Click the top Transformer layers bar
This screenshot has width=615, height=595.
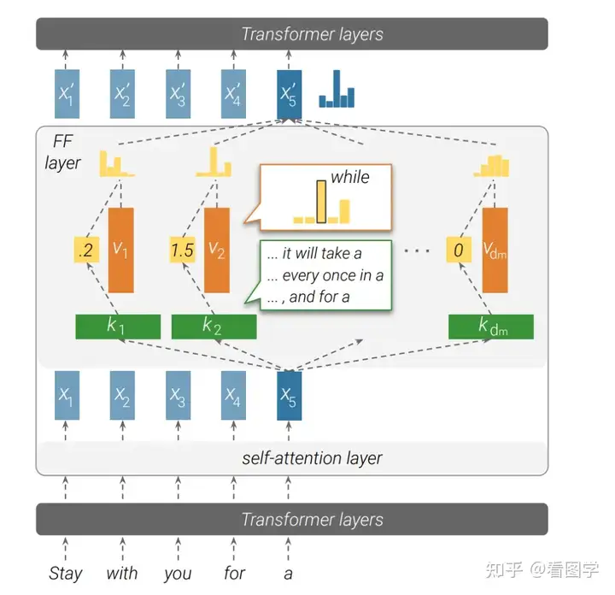tap(292, 33)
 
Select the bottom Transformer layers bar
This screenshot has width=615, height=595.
tap(292, 519)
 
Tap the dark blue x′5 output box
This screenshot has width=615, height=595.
tap(289, 94)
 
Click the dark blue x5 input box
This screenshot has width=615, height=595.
tap(289, 396)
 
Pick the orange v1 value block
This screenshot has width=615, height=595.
tap(120, 250)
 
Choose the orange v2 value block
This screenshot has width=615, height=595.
tap(217, 250)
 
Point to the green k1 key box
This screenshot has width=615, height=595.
tap(118, 327)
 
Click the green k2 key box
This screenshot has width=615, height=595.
tap(214, 327)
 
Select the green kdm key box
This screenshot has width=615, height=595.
tap(491, 327)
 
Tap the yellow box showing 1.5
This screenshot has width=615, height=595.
tap(183, 250)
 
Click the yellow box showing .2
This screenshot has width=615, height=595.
tap(86, 250)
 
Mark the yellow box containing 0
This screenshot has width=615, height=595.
tap(459, 250)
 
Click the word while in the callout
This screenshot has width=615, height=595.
tap(350, 177)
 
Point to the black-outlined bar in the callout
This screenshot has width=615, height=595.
tap(321, 202)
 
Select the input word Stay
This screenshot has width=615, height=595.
tap(66, 574)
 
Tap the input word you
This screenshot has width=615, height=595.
tap(178, 574)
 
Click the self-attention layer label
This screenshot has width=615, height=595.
tap(312, 458)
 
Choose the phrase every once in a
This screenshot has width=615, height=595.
tap(332, 275)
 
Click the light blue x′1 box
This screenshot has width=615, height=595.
tap(67, 94)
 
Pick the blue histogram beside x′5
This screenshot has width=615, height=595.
tap(337, 89)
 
